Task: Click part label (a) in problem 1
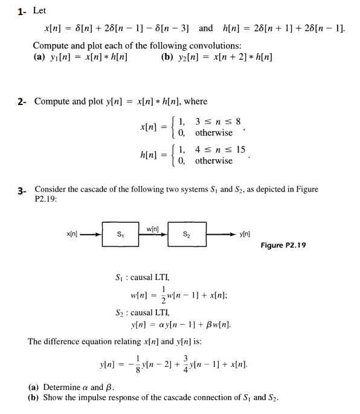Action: [x=39, y=58]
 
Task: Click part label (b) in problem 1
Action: [x=168, y=58]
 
